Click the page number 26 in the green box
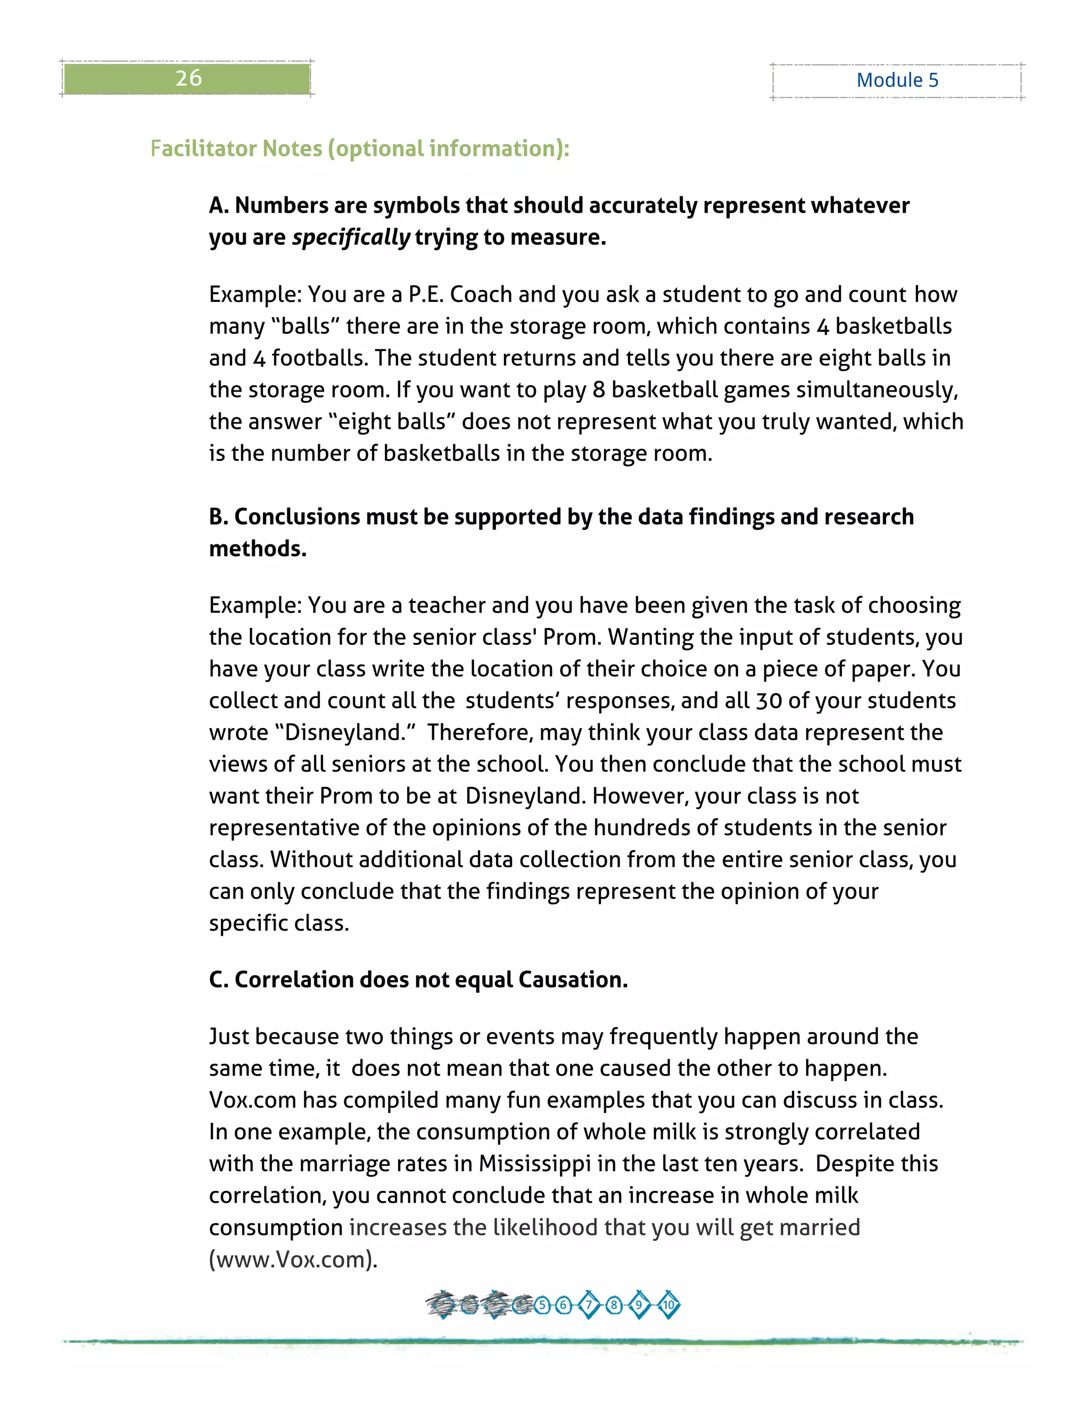pos(188,78)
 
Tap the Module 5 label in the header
pos(897,80)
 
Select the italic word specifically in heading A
pos(351,238)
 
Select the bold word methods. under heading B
pos(258,548)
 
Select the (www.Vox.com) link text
pos(293,1259)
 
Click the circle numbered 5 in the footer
pos(542,1305)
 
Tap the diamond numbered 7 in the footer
pos(588,1305)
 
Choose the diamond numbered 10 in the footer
pos(668,1305)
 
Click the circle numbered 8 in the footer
pos(614,1305)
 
